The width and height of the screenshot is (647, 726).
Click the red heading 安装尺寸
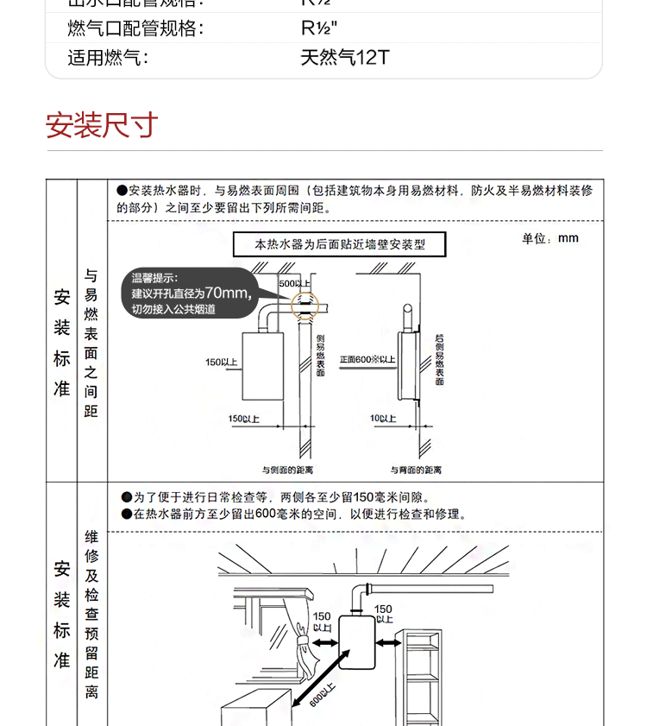[x=102, y=126]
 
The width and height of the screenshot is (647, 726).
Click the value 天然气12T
[x=344, y=58]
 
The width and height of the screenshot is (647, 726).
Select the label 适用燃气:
[x=109, y=58]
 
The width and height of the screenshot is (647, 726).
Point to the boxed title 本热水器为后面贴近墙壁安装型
[x=341, y=244]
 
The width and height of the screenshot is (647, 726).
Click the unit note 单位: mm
[x=550, y=238]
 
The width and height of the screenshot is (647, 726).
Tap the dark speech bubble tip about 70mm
[x=189, y=293]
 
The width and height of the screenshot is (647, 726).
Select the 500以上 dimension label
[x=294, y=284]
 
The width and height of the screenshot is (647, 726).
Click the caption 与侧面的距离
[x=287, y=470]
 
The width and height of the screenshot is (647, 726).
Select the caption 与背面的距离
[x=416, y=470]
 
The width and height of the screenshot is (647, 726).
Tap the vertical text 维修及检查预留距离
[x=91, y=614]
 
